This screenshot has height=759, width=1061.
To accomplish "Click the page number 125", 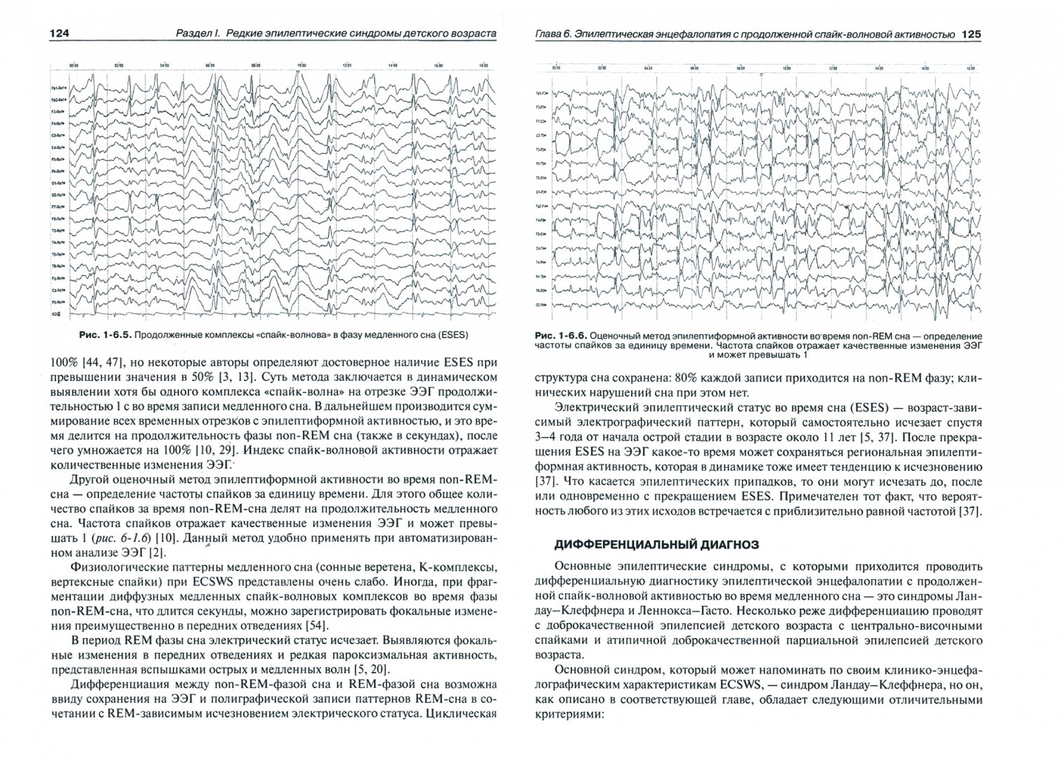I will coord(970,34).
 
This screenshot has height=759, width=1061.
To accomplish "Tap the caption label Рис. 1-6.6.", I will coord(559,336).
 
